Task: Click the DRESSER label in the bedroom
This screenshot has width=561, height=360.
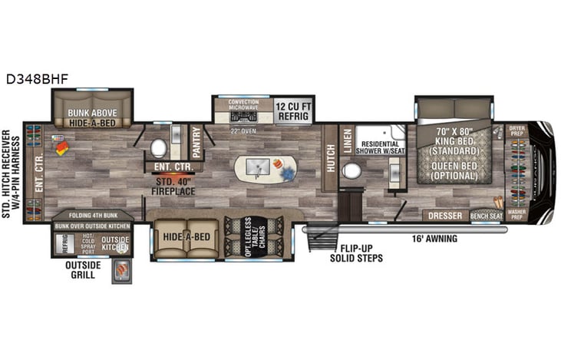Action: (x=446, y=216)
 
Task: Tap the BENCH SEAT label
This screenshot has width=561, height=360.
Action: (x=485, y=216)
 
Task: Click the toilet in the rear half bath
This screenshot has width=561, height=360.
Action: (x=160, y=147)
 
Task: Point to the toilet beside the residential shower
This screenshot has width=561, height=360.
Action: (x=352, y=170)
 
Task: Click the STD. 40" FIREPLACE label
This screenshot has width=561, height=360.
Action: (x=173, y=186)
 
